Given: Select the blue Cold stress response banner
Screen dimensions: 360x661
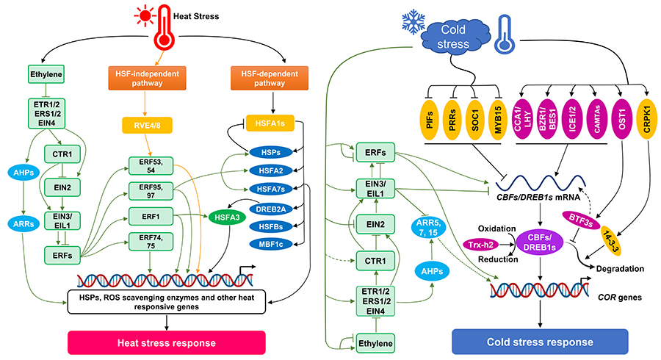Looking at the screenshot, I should pyautogui.click(x=540, y=342).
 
